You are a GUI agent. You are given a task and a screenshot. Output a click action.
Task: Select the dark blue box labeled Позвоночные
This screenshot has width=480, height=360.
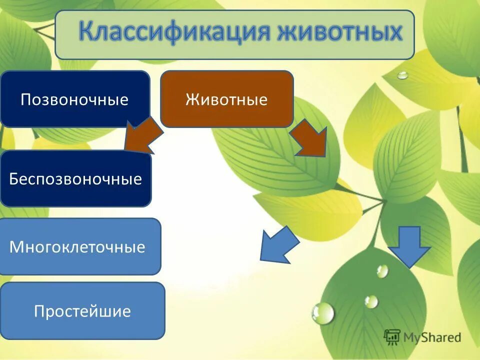[74, 99]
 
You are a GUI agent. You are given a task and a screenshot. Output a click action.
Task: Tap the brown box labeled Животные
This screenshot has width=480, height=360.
[226, 99]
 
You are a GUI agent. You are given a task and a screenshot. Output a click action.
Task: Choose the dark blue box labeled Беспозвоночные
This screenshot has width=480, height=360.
[75, 179]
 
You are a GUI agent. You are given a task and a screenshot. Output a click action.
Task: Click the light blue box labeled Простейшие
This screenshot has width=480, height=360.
[82, 311]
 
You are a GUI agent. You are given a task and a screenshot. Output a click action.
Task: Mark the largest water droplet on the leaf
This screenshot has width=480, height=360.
[323, 313]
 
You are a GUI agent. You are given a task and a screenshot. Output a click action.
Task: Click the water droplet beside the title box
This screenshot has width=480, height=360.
[402, 75]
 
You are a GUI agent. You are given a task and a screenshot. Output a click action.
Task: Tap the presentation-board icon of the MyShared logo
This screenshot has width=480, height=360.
[392, 337]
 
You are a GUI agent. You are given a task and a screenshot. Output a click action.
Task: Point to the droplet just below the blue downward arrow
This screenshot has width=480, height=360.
[382, 271]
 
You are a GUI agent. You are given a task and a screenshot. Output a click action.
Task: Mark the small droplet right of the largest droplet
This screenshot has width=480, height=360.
[371, 301]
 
